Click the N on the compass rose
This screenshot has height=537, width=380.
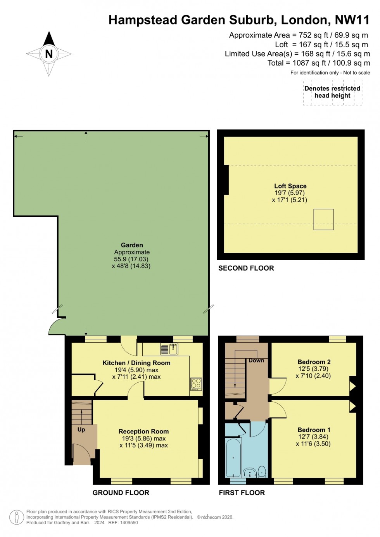(x=49, y=54)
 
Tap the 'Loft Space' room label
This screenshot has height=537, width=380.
(x=290, y=186)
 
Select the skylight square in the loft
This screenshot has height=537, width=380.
(x=323, y=219)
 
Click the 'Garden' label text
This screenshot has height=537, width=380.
(x=132, y=245)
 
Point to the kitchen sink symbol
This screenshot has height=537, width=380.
(x=169, y=349)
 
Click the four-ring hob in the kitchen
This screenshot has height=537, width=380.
(x=196, y=384)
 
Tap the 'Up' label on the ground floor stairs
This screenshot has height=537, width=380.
(x=81, y=430)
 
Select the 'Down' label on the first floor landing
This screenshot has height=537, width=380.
(x=256, y=360)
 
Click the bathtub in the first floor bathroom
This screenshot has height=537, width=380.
(x=233, y=458)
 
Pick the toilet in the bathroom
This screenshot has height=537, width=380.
(x=262, y=471)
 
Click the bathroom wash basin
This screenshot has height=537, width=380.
(x=250, y=473)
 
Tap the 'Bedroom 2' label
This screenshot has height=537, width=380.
(x=314, y=362)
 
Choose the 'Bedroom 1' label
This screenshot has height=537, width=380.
(x=314, y=430)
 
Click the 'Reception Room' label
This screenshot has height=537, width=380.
(x=143, y=431)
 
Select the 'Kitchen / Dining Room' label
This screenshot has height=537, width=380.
(x=136, y=363)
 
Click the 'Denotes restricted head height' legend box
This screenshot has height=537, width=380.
(x=332, y=92)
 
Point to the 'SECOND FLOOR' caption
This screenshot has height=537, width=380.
(x=246, y=268)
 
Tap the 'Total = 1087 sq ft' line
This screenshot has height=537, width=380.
(x=318, y=63)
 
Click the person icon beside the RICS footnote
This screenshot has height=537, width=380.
(x=16, y=517)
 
